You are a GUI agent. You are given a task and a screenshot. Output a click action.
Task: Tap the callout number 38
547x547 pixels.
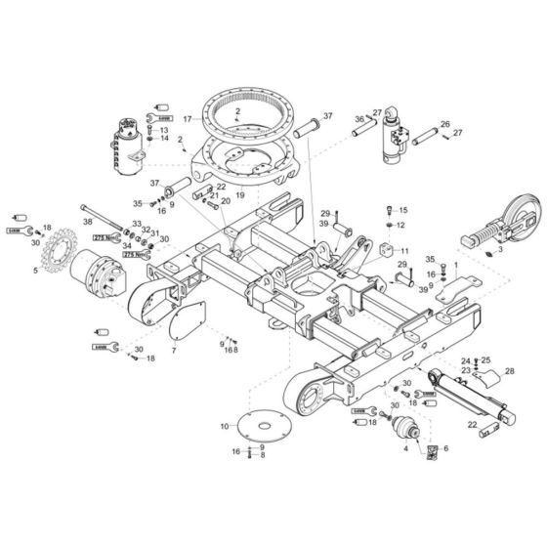tap(87, 223)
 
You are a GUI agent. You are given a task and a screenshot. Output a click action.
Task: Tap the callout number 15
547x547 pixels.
tap(403, 211)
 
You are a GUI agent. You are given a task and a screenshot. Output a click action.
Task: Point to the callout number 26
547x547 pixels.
tap(444, 124)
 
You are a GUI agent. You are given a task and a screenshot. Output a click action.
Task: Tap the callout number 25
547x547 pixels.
tap(485, 360)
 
